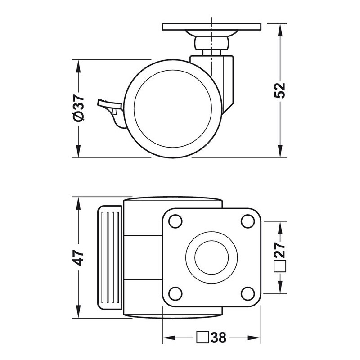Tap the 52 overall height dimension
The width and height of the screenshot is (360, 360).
coord(280,90)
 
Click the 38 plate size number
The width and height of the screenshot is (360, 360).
coord(218,337)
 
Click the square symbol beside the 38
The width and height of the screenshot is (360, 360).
coord(202,337)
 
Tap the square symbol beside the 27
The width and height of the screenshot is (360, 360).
coord(280,266)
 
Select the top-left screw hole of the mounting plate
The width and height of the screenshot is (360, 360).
coord(175,221)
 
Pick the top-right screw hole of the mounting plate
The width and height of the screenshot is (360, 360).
coord(248,221)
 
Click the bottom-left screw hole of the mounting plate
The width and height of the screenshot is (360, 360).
coord(175,294)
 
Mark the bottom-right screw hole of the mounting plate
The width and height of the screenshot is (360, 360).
coord(248,294)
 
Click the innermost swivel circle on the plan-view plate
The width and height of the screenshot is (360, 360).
coord(211,257)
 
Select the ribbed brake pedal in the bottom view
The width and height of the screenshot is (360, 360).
coord(110,257)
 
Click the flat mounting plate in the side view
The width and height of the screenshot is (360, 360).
coord(211,27)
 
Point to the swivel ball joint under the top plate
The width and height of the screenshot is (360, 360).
coord(211,44)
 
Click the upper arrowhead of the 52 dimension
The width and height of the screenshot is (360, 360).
coord(280,30)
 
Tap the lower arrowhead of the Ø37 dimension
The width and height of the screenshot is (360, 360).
coord(78,151)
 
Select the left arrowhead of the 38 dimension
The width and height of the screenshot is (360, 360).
coord(169,337)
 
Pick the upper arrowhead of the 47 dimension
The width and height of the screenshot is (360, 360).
coord(78,203)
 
